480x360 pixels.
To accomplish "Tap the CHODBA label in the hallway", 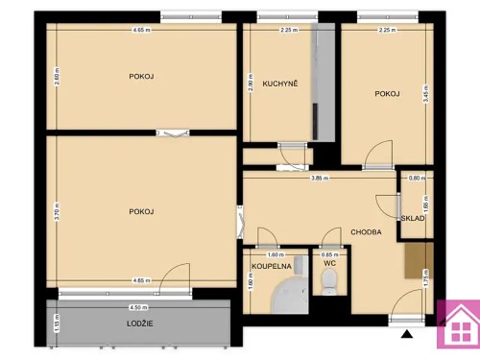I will click(x=366, y=232).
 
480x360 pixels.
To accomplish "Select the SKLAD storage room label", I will click(x=413, y=218).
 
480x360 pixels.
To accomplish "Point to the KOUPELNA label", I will click(x=271, y=265).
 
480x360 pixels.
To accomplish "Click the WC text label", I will click(x=328, y=263).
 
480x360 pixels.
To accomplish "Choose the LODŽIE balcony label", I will click(x=140, y=324).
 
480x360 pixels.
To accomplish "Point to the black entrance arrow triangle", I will click(x=408, y=335).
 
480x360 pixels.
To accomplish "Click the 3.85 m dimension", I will click(x=319, y=178).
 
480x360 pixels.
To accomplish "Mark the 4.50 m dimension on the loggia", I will click(x=137, y=308).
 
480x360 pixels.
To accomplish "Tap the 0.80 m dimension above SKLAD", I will click(x=415, y=178).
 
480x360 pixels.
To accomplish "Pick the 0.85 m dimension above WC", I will click(x=327, y=254).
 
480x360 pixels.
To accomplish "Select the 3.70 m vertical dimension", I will click(x=57, y=210).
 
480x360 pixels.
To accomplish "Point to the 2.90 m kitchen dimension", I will click(x=249, y=84).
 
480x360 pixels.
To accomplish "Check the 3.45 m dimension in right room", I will click(x=423, y=94).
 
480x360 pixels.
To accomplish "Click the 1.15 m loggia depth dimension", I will click(x=57, y=326).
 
